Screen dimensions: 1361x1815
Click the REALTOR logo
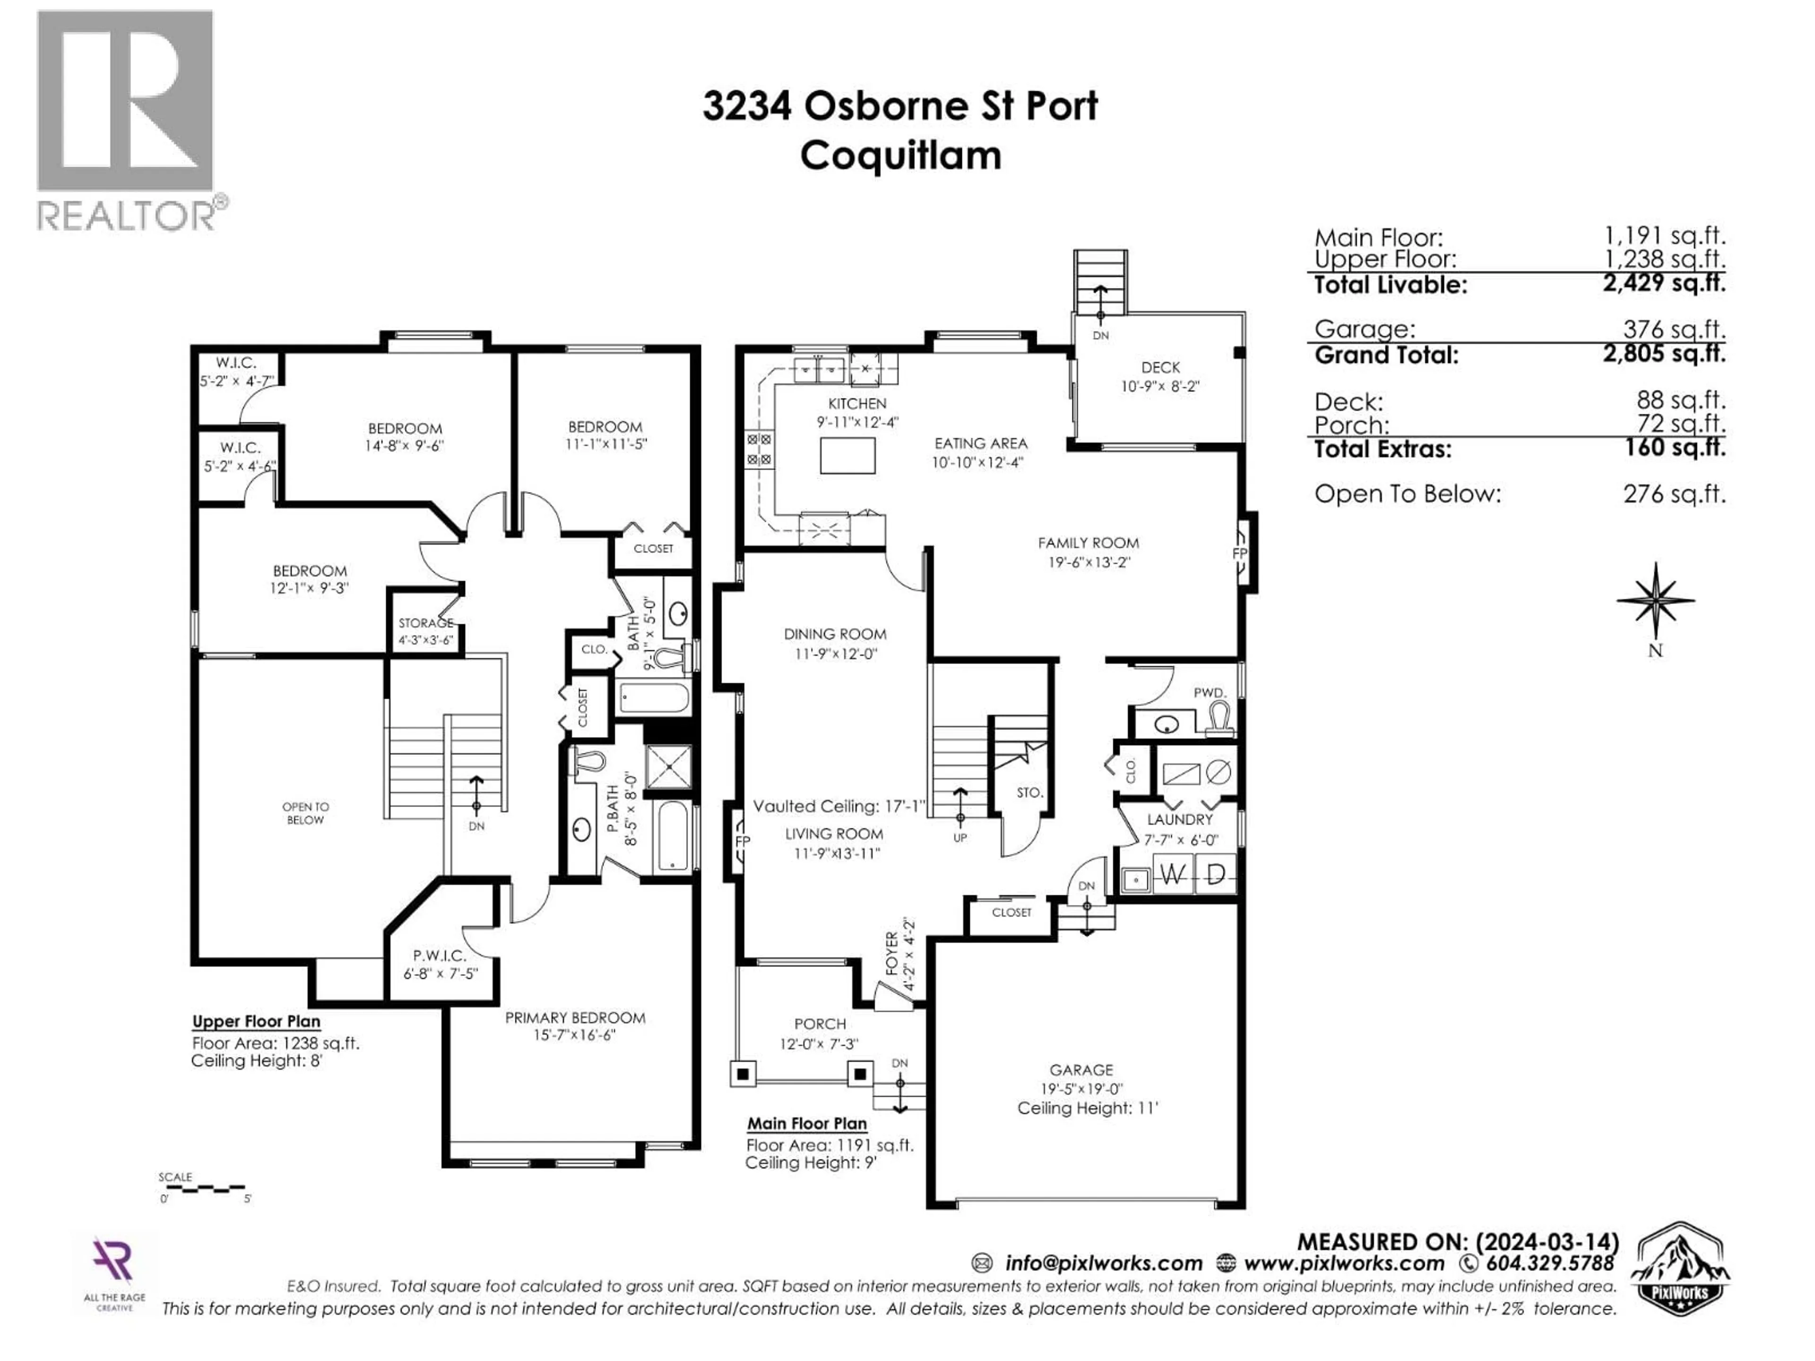[127, 119]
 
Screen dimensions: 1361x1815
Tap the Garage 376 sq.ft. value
[1673, 330]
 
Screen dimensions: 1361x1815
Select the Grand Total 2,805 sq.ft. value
[1663, 354]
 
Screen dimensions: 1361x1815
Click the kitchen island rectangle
[847, 456]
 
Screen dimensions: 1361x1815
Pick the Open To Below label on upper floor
[305, 813]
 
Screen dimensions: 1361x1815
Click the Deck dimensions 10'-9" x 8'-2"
[1160, 387]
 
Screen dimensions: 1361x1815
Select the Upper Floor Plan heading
[256, 1021]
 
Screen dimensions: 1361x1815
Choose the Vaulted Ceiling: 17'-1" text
[838, 806]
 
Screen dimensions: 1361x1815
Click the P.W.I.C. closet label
[439, 956]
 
